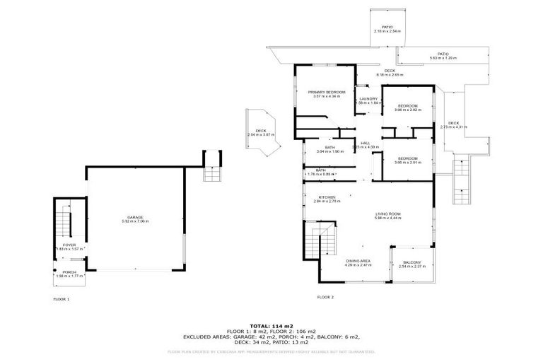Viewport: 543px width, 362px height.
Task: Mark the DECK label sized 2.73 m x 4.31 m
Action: click(453, 124)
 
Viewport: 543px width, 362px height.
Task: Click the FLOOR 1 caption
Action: click(62, 299)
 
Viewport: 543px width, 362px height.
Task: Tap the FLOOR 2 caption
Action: click(325, 297)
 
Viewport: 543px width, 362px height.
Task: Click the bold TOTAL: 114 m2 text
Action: click(271, 325)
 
